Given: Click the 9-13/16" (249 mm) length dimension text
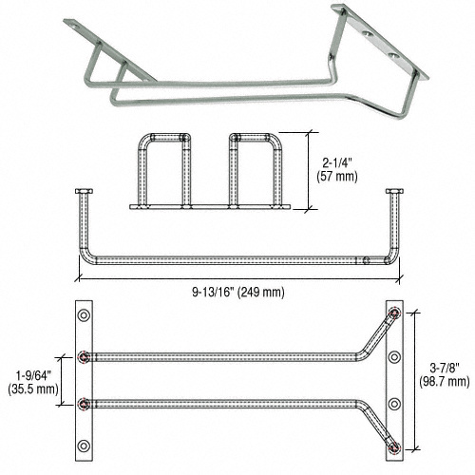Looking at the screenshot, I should [x=237, y=291].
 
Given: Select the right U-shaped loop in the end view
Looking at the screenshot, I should [x=253, y=170].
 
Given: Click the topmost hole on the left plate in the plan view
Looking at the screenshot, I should [x=85, y=314].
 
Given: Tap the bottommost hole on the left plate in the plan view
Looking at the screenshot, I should [x=85, y=444].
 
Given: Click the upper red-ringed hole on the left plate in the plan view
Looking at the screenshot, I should [x=85, y=357].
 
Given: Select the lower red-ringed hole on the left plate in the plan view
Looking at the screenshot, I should [x=85, y=401].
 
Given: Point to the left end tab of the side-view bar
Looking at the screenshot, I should [x=81, y=194].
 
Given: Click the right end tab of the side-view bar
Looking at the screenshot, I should [x=394, y=194].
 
